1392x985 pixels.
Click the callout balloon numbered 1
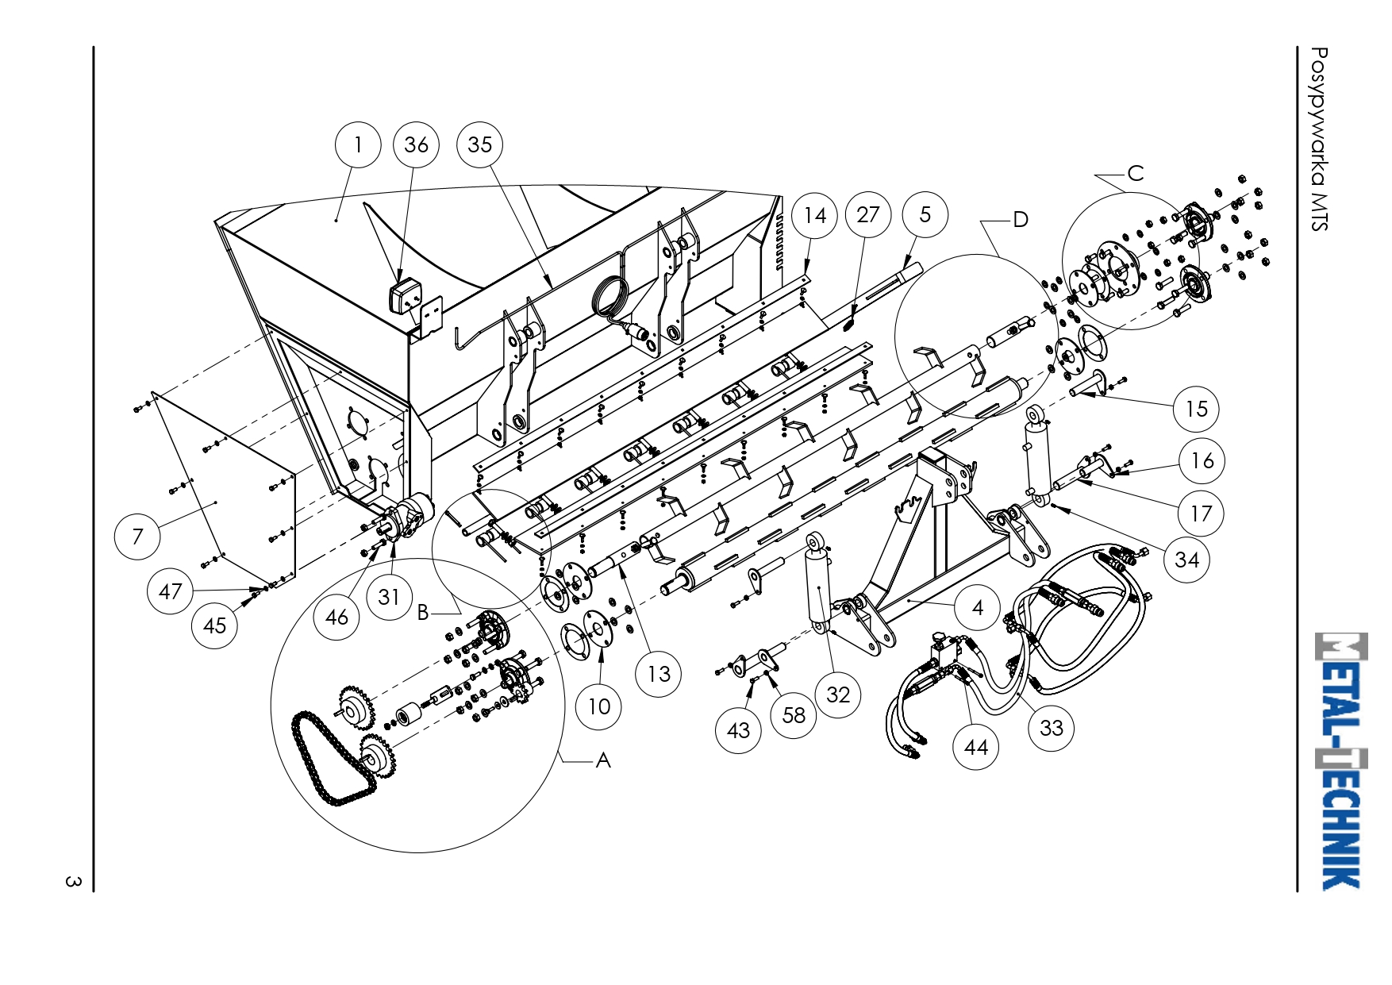pos(358,145)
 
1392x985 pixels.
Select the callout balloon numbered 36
pos(416,145)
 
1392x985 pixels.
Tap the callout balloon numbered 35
pos(480,145)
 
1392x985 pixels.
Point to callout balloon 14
pos(815,215)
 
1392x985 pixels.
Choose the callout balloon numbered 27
pos(868,214)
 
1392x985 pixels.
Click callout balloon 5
pos(925,214)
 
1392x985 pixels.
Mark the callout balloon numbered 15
pos(1196,409)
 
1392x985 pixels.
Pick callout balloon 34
pos(1186,560)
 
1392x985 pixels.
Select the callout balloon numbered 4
pos(978,608)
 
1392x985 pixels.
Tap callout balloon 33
pos(1051,728)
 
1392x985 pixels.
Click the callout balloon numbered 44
pos(975,747)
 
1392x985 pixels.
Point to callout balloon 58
pos(794,715)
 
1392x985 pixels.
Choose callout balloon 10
pos(599,706)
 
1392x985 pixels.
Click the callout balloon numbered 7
pos(137,536)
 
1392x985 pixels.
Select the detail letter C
pos(1136,174)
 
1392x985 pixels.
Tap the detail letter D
pos(1021,220)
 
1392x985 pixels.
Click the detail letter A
pos(603,760)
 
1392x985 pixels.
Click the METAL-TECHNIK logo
pos(1341,760)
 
